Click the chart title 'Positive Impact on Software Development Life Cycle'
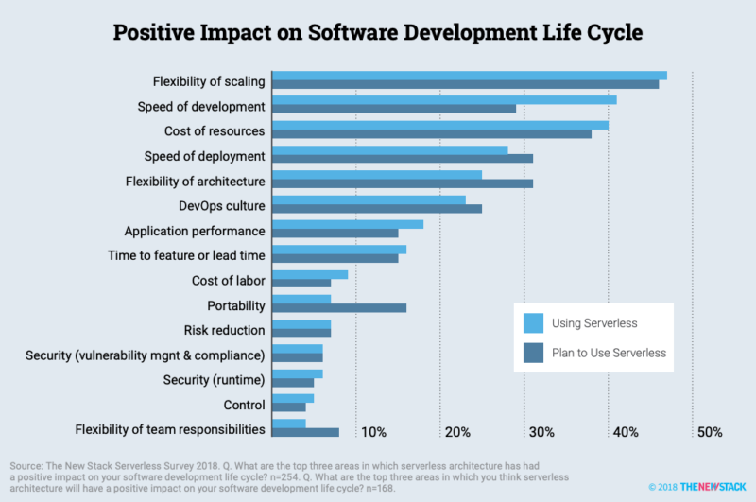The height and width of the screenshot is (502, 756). pos(377,32)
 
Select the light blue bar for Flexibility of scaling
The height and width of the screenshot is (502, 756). pos(470,76)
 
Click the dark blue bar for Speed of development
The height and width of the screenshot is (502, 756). pos(394,109)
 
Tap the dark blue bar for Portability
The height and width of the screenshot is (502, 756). pos(339,307)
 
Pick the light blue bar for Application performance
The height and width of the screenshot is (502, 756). pos(348,224)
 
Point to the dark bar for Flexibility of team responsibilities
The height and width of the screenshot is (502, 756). pos(305,432)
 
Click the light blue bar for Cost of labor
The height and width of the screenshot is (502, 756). pos(310,274)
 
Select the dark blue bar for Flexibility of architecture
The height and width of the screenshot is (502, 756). pos(403,183)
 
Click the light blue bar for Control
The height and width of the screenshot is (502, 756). pos(293,398)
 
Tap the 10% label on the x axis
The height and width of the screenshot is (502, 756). pos(373,432)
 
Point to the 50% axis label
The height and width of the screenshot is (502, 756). pos(710,432)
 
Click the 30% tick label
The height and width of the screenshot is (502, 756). pos(541,432)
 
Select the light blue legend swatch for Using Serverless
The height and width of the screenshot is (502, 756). pos(533,323)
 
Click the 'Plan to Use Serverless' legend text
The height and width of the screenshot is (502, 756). pos(609,353)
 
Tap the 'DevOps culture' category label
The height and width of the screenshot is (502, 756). pos(222,206)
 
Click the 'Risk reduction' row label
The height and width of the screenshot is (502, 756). pos(224,330)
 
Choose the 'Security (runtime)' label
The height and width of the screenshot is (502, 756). pos(215,380)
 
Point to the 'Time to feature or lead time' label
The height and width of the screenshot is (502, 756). pos(186,255)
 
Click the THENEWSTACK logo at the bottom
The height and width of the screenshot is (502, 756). pos(713,487)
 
